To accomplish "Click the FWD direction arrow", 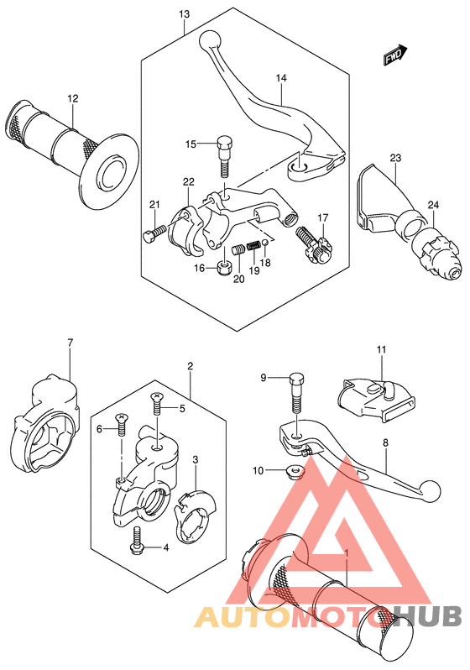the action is tap(394, 55).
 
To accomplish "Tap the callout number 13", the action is tap(184, 14).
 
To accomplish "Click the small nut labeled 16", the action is tap(223, 269).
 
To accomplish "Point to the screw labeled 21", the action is tap(154, 233).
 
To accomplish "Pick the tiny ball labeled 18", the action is tap(265, 243).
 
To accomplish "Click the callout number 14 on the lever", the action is tap(281, 78).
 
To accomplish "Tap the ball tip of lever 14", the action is tap(210, 41).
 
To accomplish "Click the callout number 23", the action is tap(395, 158).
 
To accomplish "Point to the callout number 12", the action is tap(73, 98).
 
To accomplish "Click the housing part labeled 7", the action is tap(44, 423).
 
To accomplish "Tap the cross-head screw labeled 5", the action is tap(157, 404).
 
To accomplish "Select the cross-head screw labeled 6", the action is tap(123, 424).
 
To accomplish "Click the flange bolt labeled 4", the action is tap(137, 541).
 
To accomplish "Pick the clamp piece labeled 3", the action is tap(196, 516).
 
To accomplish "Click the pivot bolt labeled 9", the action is tap(296, 393).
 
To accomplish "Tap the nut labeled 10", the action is tap(295, 471).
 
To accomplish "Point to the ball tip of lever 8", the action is tap(430, 490).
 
